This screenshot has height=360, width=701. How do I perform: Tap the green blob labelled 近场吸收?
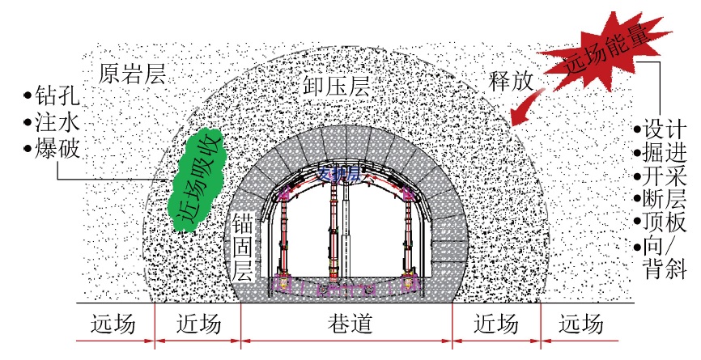click(198, 176)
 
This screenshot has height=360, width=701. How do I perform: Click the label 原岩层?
click(132, 75)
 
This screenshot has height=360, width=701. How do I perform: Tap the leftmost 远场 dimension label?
click(113, 325)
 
